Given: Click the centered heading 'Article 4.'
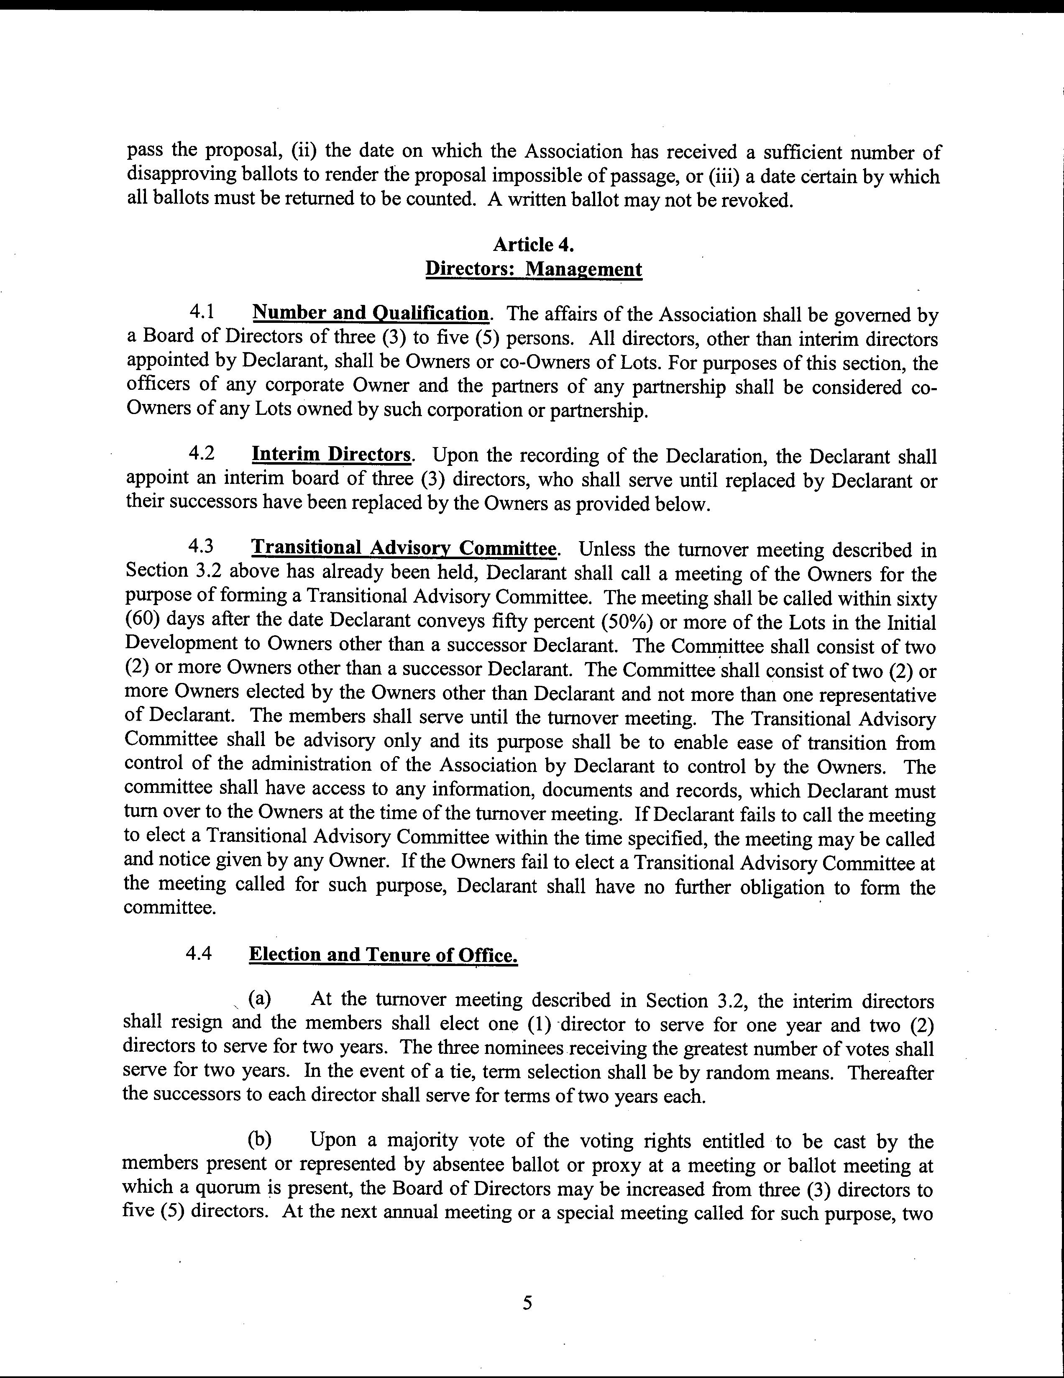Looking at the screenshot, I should (533, 244).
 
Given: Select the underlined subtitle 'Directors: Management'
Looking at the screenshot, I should (533, 269).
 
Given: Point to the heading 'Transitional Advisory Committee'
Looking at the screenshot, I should (404, 548).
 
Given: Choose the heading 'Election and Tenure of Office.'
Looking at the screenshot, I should (383, 955).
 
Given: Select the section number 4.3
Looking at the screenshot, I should (201, 547).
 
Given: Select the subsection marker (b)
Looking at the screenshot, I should (259, 1140).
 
